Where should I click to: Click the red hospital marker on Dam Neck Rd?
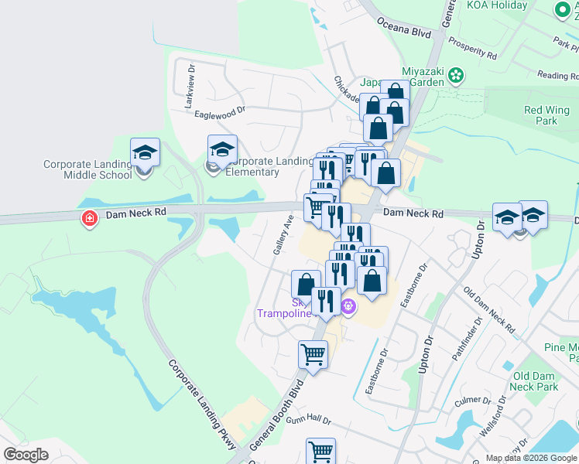click(90, 219)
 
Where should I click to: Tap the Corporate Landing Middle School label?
click(87, 169)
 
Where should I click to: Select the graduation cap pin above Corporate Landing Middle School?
click(145, 152)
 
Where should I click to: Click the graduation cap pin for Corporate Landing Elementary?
click(222, 148)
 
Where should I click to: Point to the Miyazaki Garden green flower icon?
click(456, 75)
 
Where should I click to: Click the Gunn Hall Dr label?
click(308, 420)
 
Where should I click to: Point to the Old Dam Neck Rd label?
click(488, 310)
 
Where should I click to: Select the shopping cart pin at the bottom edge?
click(320, 451)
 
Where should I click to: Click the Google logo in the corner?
click(26, 455)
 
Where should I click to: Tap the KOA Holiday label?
click(497, 5)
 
